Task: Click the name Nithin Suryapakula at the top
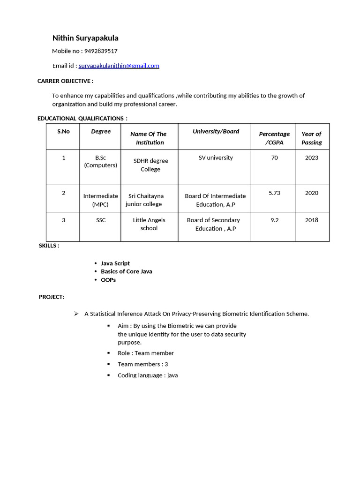(85, 38)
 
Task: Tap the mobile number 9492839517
(101, 51)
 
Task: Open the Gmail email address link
(119, 66)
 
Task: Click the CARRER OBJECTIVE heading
(65, 81)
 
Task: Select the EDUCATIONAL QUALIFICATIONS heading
(82, 119)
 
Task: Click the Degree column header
(101, 131)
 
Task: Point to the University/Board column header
(216, 131)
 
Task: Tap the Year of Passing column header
(312, 138)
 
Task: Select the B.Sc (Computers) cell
(101, 161)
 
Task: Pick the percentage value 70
(274, 158)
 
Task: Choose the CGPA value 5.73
(274, 193)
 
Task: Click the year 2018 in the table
(312, 220)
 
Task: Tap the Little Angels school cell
(149, 224)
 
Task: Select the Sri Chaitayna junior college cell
(145, 200)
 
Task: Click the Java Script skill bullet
(115, 263)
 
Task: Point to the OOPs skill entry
(108, 280)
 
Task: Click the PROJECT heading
(52, 297)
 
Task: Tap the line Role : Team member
(145, 353)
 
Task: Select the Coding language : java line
(148, 375)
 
